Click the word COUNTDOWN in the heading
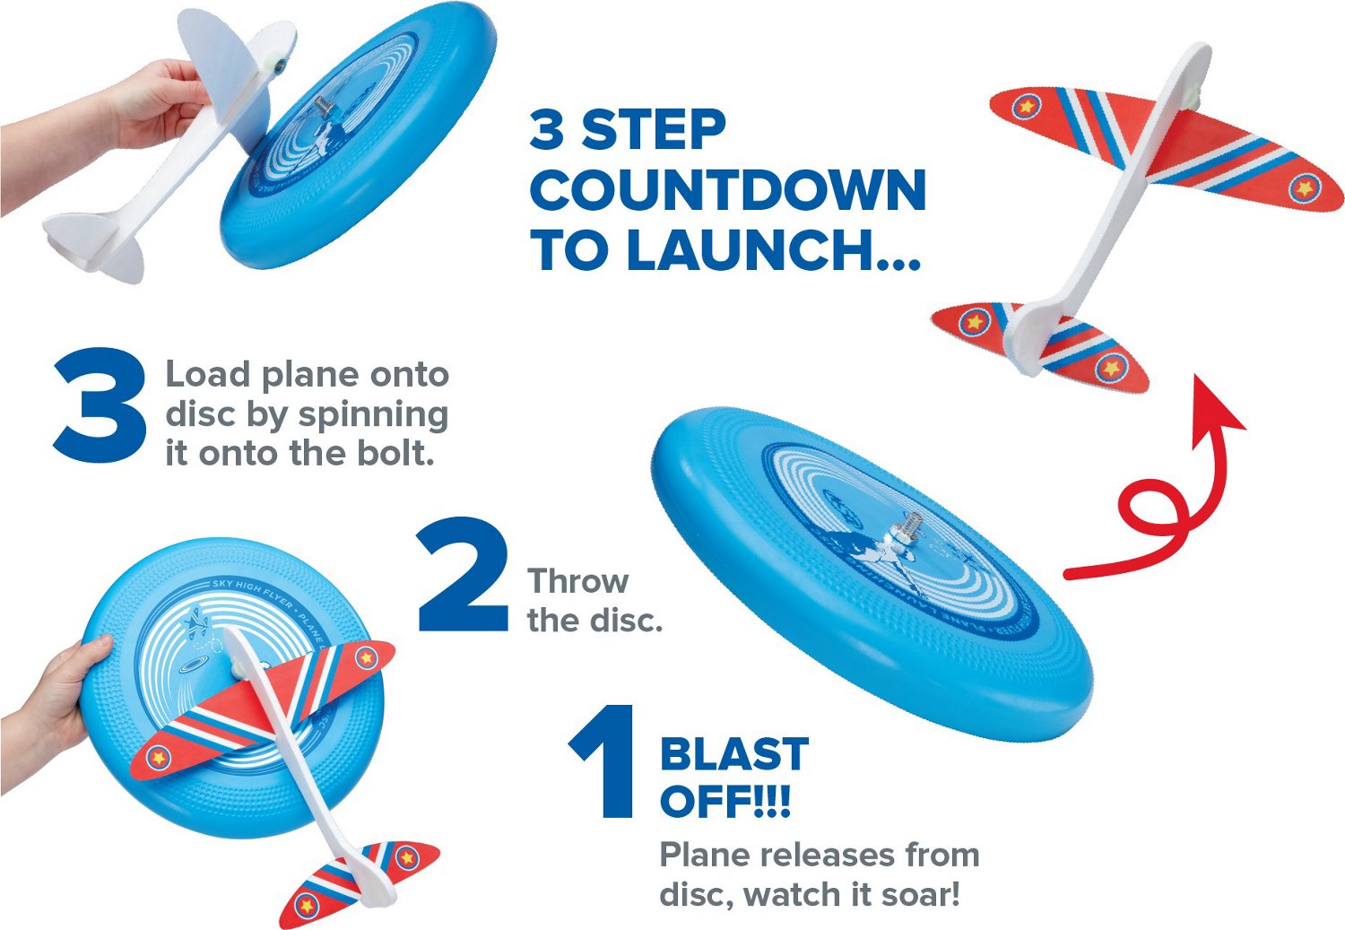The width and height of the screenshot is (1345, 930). tap(727, 190)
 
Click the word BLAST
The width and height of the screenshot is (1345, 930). tap(733, 754)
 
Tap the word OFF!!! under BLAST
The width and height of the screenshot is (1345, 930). tap(725, 800)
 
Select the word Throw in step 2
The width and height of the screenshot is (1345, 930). tap(577, 581)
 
